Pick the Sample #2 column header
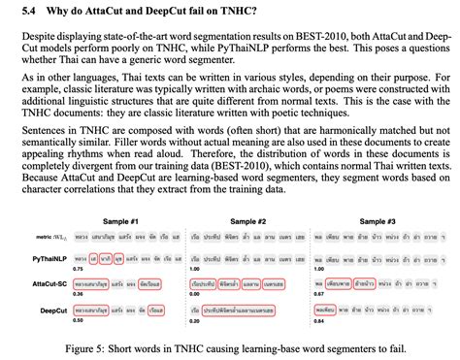tap(248, 221)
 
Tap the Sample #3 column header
tap(377, 221)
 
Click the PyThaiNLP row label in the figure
tap(47, 259)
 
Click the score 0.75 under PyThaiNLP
tap(79, 268)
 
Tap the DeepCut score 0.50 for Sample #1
tap(79, 318)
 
